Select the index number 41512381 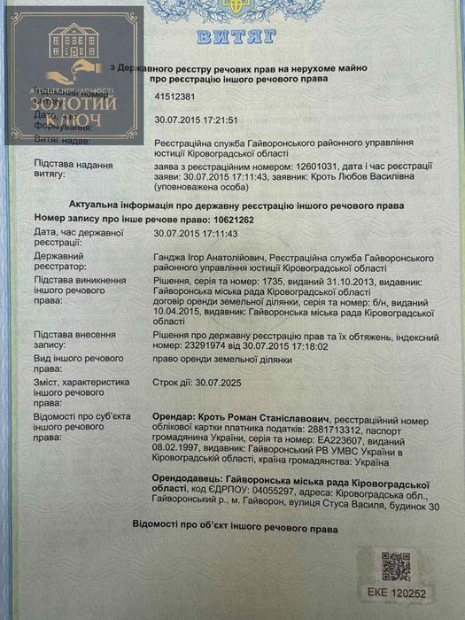tap(174, 101)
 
